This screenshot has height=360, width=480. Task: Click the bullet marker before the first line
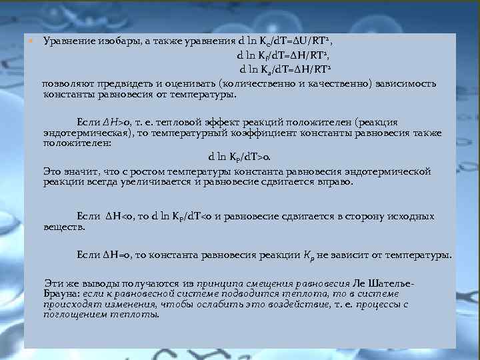30,41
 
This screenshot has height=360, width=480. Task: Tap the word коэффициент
287,133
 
